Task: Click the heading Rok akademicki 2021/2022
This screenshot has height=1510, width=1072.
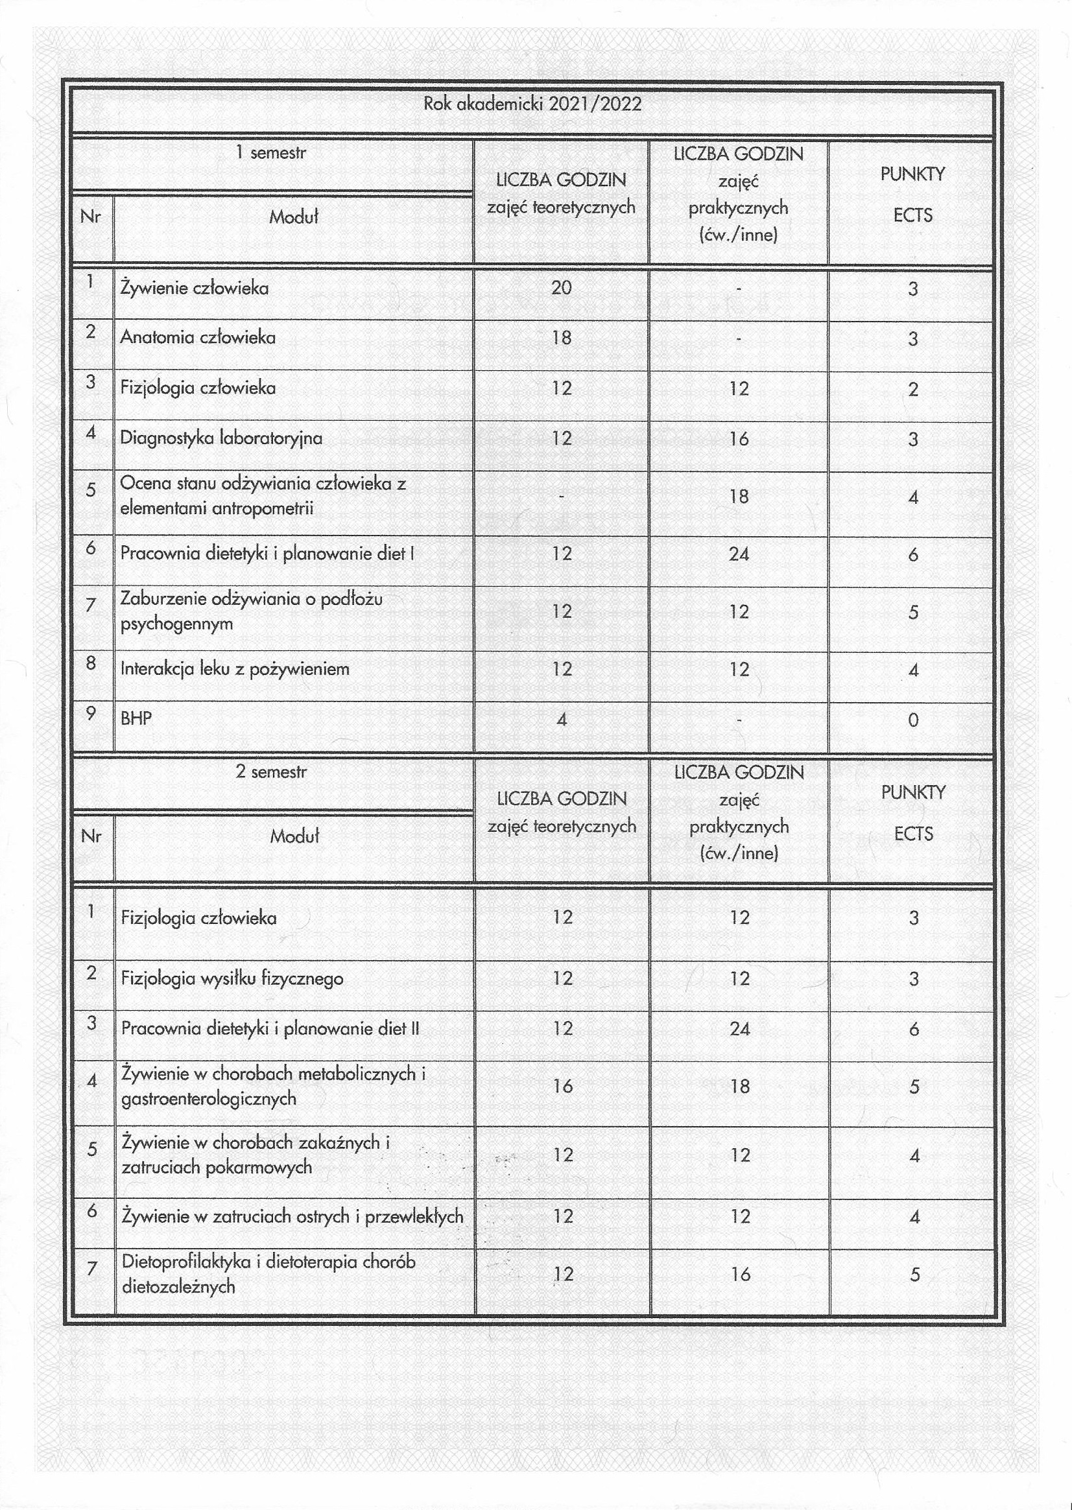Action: (x=532, y=104)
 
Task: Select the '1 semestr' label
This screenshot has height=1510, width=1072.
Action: (x=271, y=153)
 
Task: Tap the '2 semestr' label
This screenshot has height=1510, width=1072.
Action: (x=271, y=772)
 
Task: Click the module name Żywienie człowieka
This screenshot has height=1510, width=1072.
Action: (x=194, y=289)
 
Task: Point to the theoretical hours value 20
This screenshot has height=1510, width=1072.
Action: (x=561, y=287)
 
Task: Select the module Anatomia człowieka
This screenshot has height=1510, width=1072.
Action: (x=197, y=338)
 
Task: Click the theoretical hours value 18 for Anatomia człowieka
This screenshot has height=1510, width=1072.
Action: (x=561, y=338)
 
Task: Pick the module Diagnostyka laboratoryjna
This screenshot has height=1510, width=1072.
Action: (x=221, y=438)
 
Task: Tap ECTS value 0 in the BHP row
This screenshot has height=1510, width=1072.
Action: (x=913, y=720)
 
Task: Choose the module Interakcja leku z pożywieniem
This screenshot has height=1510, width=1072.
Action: (x=234, y=669)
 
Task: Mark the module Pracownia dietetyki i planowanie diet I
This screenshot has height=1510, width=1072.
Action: (x=267, y=554)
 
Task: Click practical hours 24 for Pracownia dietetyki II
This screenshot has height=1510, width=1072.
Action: (x=739, y=1029)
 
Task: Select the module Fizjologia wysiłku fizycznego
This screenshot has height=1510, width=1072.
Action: (x=232, y=978)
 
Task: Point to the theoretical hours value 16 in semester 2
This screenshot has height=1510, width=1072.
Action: (x=562, y=1086)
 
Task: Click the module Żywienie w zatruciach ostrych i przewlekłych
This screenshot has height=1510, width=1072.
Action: (x=292, y=1216)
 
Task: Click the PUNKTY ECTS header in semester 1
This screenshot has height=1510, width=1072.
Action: (x=912, y=194)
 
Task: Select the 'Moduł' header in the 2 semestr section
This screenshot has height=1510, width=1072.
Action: (x=294, y=837)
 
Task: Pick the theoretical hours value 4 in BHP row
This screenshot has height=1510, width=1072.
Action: (x=561, y=720)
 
